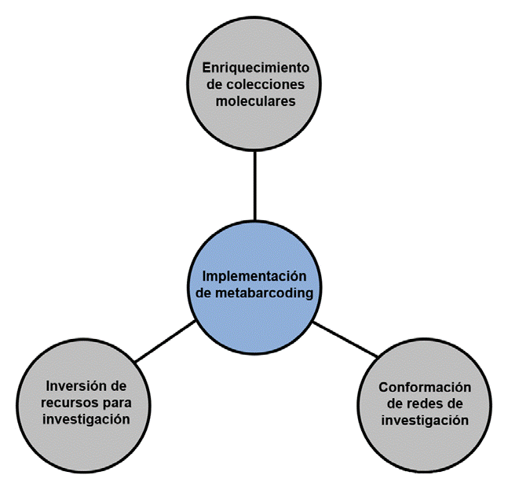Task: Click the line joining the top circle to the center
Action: click(254, 185)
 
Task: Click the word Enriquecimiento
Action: click(254, 65)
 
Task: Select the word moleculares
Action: click(254, 101)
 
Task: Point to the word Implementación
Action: click(254, 276)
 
